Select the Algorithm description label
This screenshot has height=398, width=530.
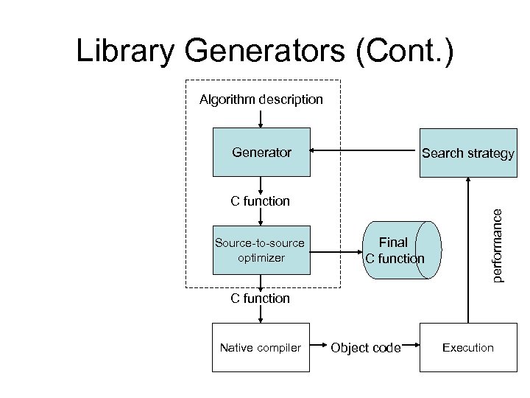click(261, 99)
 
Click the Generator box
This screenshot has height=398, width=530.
click(261, 153)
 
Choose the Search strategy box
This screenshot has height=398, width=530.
click(467, 153)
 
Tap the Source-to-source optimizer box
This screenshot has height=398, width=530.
click(261, 251)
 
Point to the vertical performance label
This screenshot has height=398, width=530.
click(498, 244)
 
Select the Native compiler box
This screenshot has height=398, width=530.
click(261, 347)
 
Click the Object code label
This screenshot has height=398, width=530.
click(365, 348)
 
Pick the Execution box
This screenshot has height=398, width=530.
click(467, 347)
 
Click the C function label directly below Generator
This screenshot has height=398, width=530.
click(261, 200)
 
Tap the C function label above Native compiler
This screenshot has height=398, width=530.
click(261, 298)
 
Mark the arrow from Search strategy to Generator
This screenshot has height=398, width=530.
click(364, 153)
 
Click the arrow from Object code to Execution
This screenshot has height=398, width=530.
click(410, 345)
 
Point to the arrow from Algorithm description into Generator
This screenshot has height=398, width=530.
click(261, 118)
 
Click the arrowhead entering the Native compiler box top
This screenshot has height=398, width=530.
click(261, 318)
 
